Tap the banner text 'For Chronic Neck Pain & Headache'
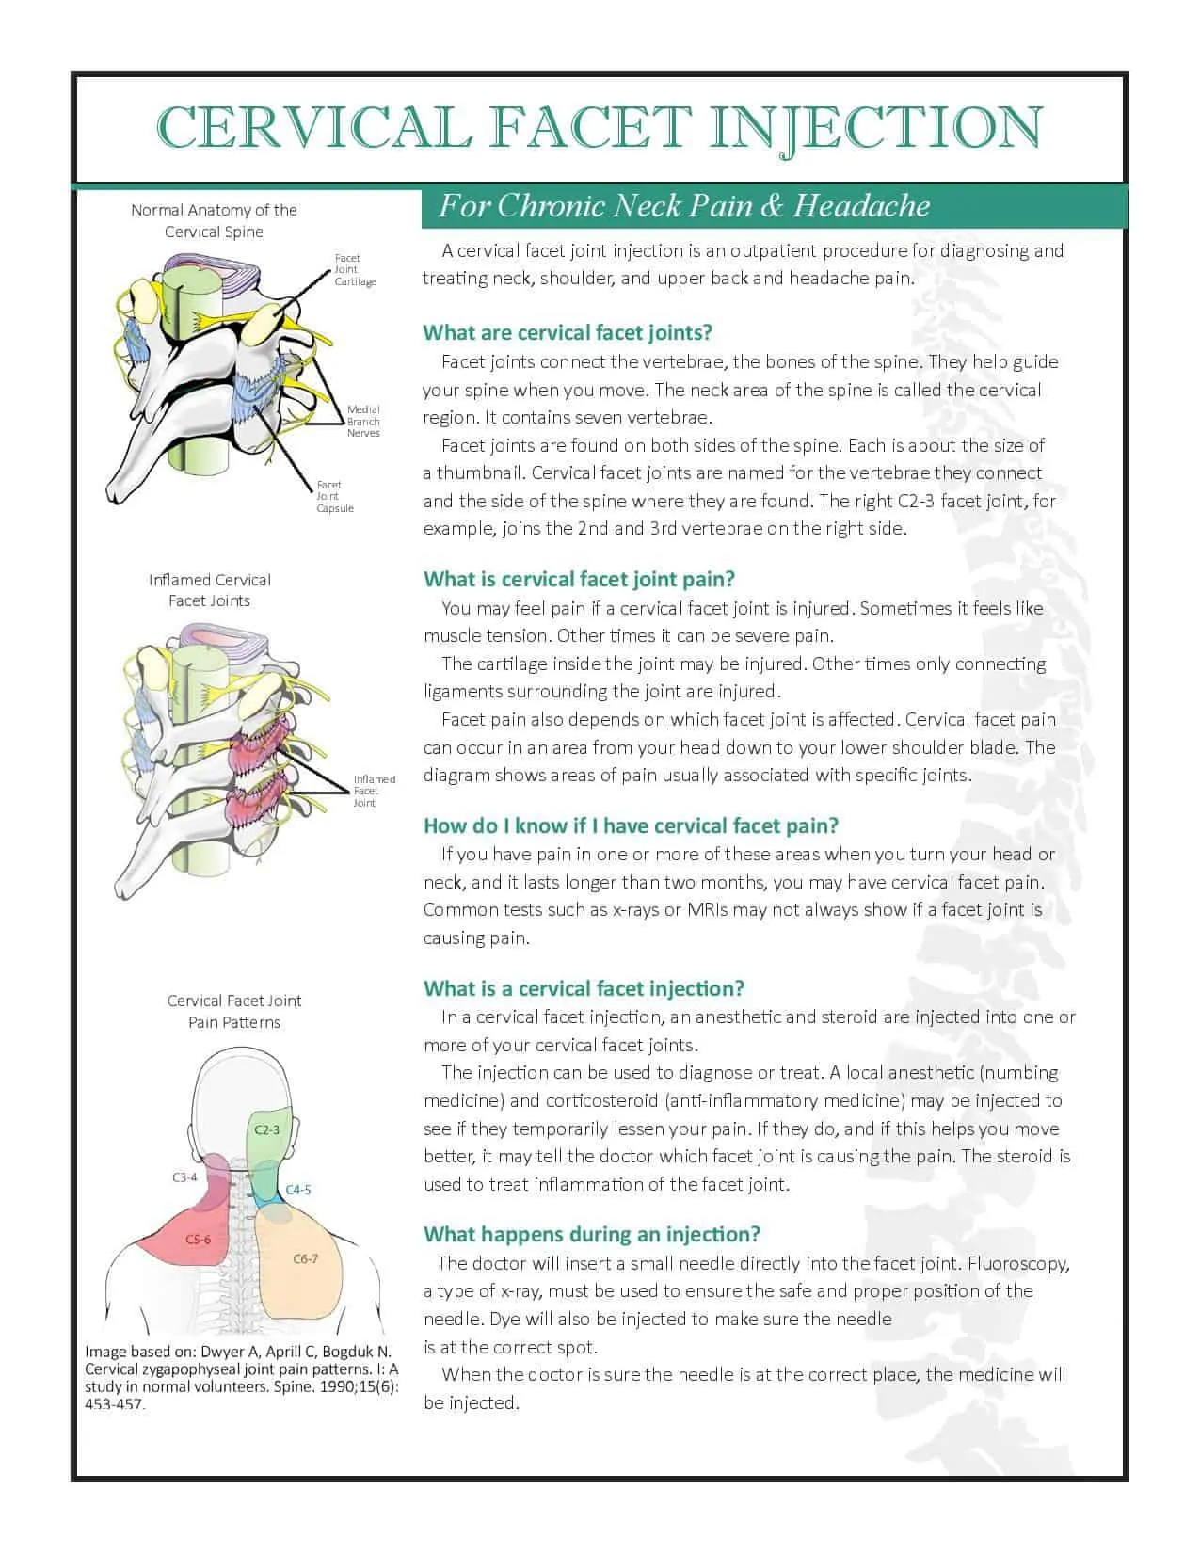[x=684, y=206]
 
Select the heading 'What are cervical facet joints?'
[x=568, y=332]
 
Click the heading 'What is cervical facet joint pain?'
[x=579, y=579]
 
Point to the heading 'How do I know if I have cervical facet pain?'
[x=631, y=825]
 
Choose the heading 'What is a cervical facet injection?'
[x=584, y=988]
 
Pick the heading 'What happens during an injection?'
[x=592, y=1234]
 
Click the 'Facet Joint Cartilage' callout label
[x=354, y=270]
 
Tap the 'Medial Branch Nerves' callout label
[x=363, y=421]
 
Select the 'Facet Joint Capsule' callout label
[x=334, y=496]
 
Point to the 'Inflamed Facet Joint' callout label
[x=374, y=791]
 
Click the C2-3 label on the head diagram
[x=266, y=1129]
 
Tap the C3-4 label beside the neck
[x=184, y=1177]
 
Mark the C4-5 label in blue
[x=297, y=1190]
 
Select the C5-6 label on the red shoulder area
[x=198, y=1239]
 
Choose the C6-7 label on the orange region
[x=305, y=1258]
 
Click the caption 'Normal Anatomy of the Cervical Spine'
[x=214, y=221]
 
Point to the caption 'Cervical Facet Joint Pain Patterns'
[x=234, y=1011]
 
